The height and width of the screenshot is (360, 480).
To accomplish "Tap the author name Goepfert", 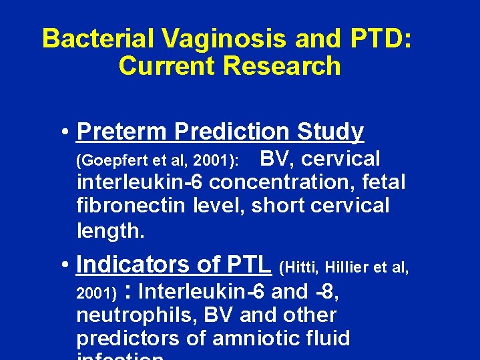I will pos(110,161).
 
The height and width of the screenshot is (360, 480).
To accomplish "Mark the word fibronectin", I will pos(131,205).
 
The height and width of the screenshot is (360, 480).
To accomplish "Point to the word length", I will pos(109,230).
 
